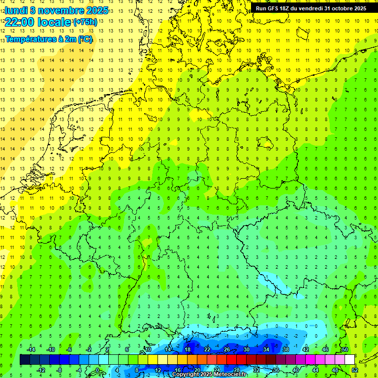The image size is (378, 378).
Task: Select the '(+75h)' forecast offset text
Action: (x=85, y=22)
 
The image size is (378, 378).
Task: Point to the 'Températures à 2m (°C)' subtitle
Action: (x=49, y=39)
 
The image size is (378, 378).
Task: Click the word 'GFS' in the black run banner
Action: (x=277, y=8)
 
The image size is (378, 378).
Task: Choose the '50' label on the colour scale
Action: (x=345, y=349)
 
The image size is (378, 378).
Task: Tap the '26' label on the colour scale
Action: (x=227, y=349)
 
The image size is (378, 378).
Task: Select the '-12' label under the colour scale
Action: (x=41, y=370)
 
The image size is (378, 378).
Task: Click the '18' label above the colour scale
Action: (x=188, y=349)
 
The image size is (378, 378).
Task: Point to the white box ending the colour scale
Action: (x=349, y=360)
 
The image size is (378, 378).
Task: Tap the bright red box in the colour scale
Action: (x=231, y=360)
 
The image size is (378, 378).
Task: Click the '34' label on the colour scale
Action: (x=266, y=349)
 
